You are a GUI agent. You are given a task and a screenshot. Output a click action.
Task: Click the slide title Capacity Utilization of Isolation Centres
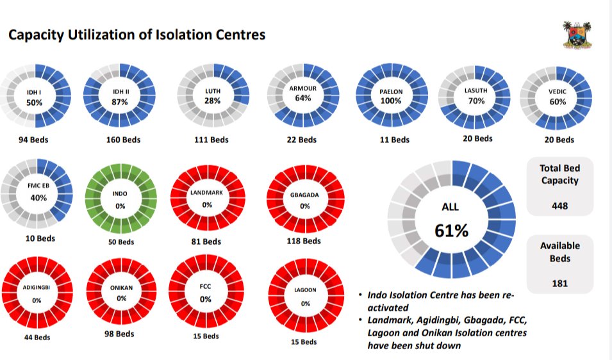tap(136, 35)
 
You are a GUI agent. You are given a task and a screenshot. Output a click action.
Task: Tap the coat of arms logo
tap(577, 35)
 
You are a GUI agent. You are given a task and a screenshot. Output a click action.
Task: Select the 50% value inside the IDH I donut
tap(34, 102)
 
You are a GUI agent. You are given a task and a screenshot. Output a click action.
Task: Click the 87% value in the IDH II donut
tap(119, 102)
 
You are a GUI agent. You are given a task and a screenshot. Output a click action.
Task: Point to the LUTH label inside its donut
tap(212, 90)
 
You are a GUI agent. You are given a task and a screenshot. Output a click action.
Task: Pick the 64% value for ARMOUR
tap(304, 98)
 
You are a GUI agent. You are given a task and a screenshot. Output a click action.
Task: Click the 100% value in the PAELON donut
tap(391, 101)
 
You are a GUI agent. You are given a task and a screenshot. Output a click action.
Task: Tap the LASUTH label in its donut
tap(476, 91)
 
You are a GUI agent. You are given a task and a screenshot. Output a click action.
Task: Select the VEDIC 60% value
tap(558, 102)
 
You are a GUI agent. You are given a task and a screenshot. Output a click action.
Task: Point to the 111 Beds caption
tap(211, 140)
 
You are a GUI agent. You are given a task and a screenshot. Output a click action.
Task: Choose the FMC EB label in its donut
tap(38, 186)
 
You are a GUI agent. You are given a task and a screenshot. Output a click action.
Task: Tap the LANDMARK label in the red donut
tap(207, 193)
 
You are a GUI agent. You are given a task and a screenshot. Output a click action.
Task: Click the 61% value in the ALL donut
tap(451, 231)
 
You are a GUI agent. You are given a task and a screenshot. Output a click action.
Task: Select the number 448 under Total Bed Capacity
tap(559, 206)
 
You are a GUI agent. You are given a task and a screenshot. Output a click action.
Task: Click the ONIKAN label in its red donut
tap(121, 288)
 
